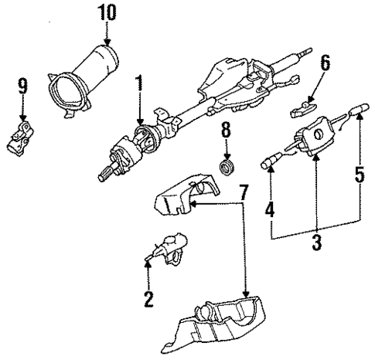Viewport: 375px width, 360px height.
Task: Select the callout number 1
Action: point(139,84)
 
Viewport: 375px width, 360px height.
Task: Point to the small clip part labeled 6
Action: point(305,108)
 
